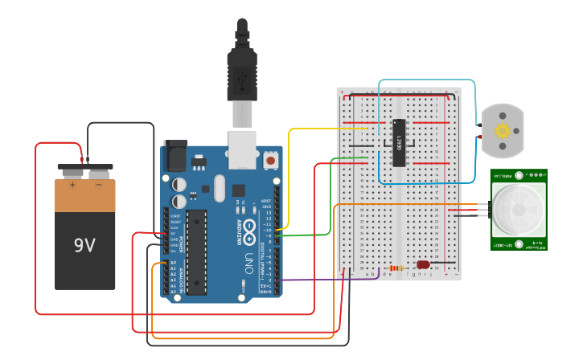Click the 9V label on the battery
click(84, 245)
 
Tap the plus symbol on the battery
click(72, 185)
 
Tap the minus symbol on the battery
click(98, 185)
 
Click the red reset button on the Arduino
click(270, 161)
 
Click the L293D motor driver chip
click(399, 143)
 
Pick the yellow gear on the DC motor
click(503, 130)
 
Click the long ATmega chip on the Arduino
click(196, 252)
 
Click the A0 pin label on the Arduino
click(173, 263)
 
